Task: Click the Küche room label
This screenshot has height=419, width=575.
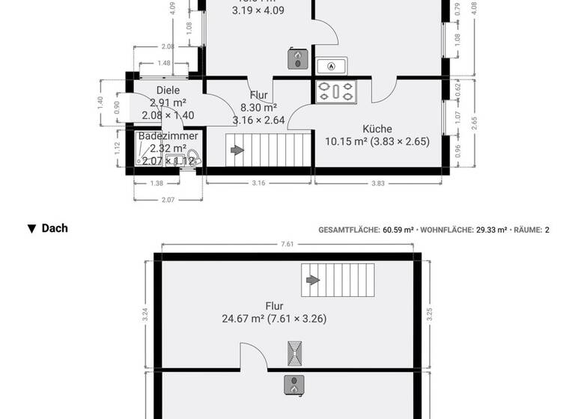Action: click(377, 129)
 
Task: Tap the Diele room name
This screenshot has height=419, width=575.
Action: click(168, 91)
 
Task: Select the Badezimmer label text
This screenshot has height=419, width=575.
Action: click(168, 136)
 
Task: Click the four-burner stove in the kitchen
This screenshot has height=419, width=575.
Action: click(336, 91)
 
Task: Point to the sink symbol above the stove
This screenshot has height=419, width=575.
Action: click(331, 66)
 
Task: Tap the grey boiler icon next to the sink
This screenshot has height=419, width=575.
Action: click(297, 58)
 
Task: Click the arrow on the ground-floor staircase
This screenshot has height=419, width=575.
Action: click(237, 150)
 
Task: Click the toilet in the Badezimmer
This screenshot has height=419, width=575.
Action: click(192, 157)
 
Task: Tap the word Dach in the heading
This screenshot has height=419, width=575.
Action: click(55, 228)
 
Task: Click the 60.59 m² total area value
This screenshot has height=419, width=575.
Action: click(398, 230)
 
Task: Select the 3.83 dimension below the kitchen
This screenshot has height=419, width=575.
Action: click(378, 183)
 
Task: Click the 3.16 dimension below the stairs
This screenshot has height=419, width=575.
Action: click(258, 183)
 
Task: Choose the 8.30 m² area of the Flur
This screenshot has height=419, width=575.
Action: click(259, 108)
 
